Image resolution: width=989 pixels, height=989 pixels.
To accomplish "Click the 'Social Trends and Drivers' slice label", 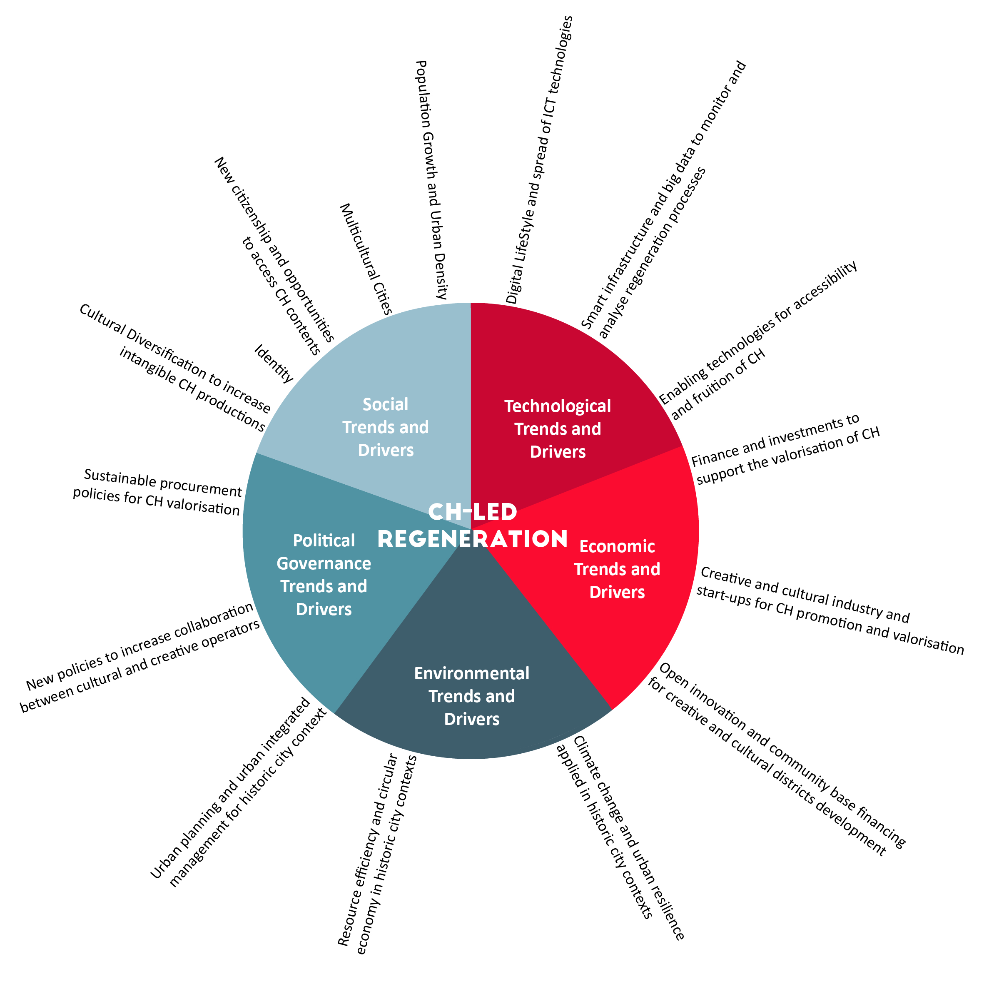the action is tap(386, 427).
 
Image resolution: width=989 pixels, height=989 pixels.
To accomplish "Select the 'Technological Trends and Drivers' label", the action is tap(558, 428).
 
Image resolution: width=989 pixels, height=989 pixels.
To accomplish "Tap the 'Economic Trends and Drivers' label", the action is tap(617, 569).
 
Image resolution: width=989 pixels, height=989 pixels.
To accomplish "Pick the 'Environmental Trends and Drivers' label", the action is tap(471, 696).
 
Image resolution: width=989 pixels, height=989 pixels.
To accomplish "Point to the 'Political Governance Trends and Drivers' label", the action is tap(324, 574).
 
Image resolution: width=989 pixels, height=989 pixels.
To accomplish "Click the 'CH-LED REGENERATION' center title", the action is tap(473, 526).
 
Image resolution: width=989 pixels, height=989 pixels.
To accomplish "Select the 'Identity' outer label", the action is tap(274, 364).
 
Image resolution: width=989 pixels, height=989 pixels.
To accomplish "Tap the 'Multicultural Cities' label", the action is tap(366, 259).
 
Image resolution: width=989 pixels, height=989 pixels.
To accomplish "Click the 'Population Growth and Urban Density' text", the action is tap(431, 179).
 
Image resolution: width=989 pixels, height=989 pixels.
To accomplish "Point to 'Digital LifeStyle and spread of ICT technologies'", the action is tap(539, 160).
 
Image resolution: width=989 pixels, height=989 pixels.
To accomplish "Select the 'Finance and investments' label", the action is tap(785, 449).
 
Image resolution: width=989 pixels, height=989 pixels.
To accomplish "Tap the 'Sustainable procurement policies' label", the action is tap(157, 492).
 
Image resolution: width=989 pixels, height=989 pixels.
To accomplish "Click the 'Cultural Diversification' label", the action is tap(174, 368).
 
